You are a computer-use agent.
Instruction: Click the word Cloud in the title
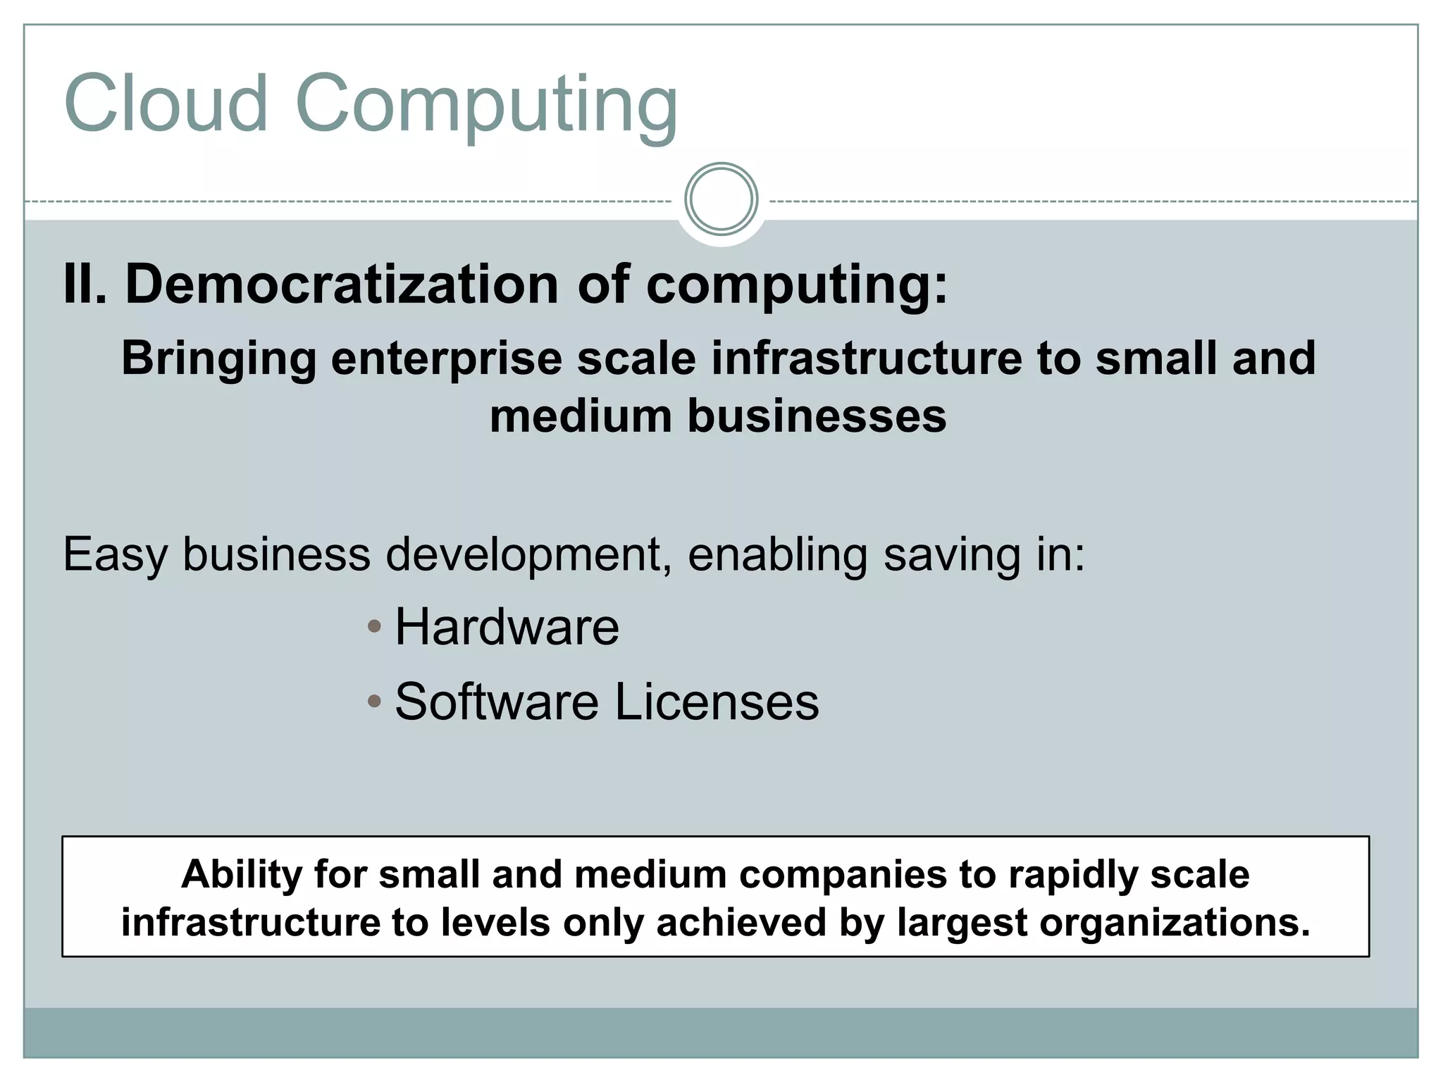166,104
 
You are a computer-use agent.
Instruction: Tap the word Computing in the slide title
485,106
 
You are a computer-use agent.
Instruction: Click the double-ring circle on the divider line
721,199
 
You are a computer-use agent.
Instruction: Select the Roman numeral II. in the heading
85,284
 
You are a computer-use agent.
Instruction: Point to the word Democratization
342,284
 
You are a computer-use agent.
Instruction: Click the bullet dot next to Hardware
375,626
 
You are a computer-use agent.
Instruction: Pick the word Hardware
507,626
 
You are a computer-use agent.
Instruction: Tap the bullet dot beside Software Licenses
375,701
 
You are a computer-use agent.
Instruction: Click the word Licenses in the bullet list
717,702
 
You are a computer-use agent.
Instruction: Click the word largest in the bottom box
962,923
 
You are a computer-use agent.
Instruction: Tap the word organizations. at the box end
1175,923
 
